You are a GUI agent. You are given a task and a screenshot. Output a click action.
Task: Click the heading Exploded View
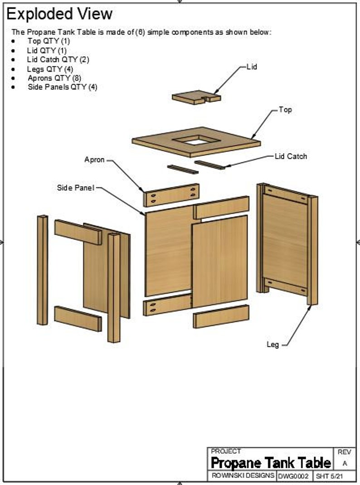(59, 14)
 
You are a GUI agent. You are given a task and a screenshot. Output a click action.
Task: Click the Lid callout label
(252, 67)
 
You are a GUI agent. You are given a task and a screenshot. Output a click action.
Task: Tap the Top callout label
(285, 110)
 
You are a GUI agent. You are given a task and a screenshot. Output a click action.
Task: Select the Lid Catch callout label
(291, 156)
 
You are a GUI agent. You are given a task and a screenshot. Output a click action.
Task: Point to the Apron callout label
(94, 160)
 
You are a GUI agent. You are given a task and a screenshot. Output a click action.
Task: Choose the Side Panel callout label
(75, 188)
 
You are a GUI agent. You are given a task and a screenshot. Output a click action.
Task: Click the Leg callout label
(272, 345)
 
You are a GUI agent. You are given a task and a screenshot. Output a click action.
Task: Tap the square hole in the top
(196, 141)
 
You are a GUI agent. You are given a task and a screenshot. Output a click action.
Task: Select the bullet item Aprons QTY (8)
(54, 78)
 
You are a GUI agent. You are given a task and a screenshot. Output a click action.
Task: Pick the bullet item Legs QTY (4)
(50, 69)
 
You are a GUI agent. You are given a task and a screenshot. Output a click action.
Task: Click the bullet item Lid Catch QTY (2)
(58, 59)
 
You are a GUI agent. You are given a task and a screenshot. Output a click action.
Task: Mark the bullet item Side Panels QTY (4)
(62, 87)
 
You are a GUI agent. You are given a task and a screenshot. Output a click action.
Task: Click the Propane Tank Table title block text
(271, 463)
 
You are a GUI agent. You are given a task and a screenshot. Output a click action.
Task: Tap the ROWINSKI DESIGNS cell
(243, 475)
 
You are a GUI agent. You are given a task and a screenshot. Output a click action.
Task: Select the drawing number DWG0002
(293, 476)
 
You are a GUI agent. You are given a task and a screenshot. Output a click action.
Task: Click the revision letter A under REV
(345, 464)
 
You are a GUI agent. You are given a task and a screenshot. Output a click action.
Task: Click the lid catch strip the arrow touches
(210, 165)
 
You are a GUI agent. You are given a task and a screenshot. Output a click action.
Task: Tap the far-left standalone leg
(42, 270)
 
